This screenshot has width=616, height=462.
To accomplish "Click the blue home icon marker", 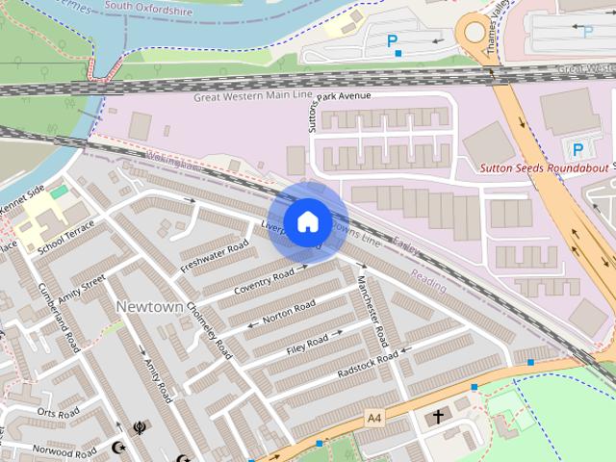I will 307,222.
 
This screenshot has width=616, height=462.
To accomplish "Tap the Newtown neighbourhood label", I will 149,305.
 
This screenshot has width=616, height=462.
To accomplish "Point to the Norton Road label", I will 289,312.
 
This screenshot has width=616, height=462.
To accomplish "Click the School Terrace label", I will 66,237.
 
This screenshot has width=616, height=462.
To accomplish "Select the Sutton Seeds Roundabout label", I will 545,167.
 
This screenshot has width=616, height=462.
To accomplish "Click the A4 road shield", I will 374,418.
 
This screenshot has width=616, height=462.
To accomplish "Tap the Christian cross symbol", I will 438,417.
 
